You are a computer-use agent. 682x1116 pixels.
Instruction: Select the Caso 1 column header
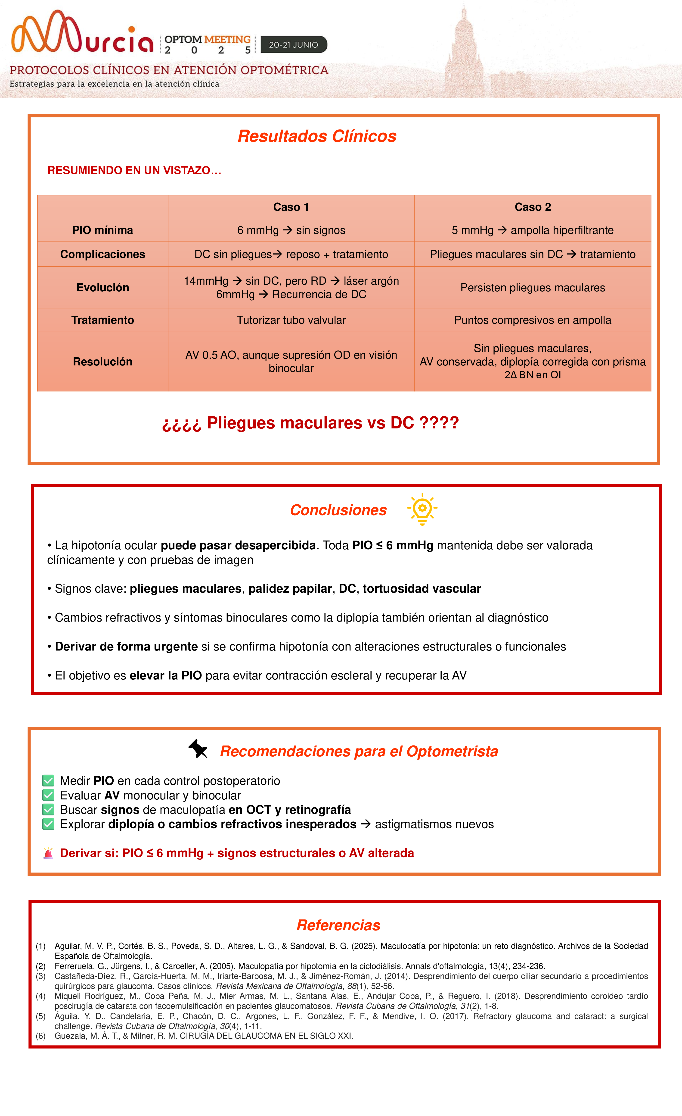[291, 207]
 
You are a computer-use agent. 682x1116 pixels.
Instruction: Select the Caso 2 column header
[533, 207]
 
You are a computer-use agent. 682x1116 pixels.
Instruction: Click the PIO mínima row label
[103, 230]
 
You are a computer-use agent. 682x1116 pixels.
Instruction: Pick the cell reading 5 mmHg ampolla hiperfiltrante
[533, 230]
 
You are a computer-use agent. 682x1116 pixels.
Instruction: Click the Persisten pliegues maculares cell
[533, 288]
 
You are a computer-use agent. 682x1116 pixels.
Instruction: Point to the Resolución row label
[103, 362]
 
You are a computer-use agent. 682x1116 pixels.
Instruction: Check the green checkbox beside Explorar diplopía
[48, 824]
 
